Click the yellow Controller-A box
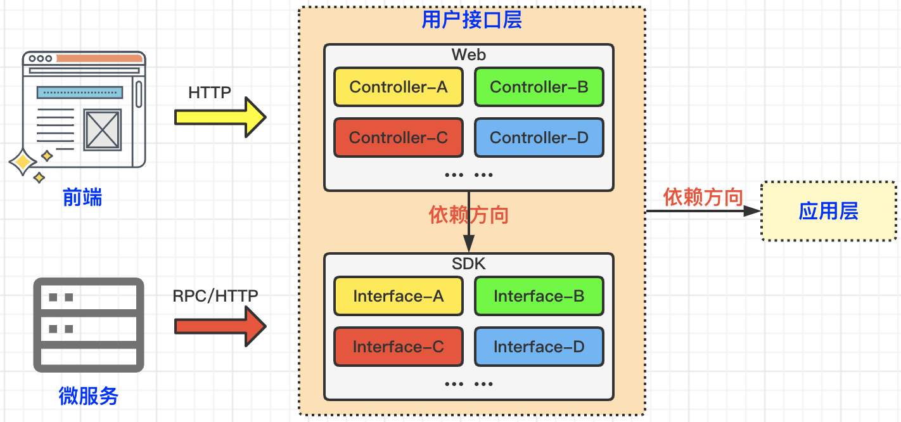tap(398, 87)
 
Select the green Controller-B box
tap(539, 87)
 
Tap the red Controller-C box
tap(398, 137)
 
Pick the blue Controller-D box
tap(539, 137)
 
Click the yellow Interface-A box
tap(398, 296)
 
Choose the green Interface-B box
tap(539, 296)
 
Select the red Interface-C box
tap(398, 347)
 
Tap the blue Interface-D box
tap(539, 347)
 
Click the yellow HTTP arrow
tap(220, 117)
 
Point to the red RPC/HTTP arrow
tap(220, 326)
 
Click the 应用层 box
tap(829, 211)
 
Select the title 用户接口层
tap(472, 20)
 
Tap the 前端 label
tap(82, 197)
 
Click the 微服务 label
tap(89, 396)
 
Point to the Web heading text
tap(469, 54)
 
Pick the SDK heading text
tap(469, 264)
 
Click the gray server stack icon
tap(89, 325)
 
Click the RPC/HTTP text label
tap(215, 296)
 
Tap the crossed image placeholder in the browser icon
tap(103, 130)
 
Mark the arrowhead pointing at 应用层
tap(751, 211)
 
